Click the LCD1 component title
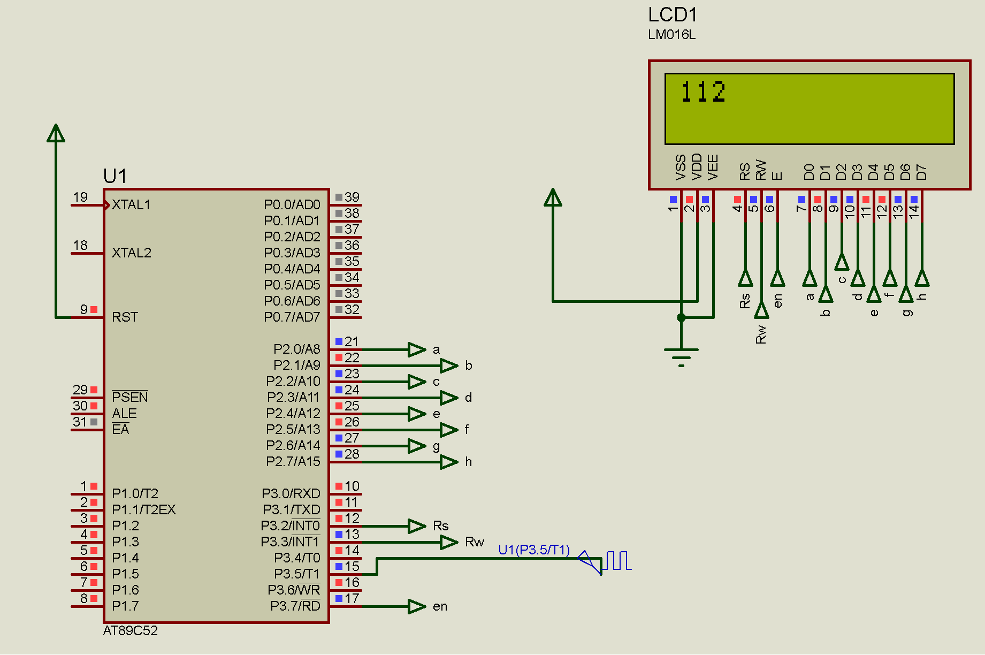click(672, 15)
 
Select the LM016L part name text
click(671, 35)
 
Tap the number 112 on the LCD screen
click(703, 92)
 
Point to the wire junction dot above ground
click(681, 317)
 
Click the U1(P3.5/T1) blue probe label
click(533, 550)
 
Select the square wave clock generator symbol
click(619, 560)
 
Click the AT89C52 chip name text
click(130, 630)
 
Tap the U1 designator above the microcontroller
click(115, 176)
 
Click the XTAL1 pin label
click(131, 205)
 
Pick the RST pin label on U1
click(125, 317)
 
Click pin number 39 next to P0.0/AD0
click(352, 197)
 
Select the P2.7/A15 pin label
click(293, 462)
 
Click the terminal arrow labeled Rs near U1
click(417, 526)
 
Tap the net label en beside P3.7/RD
click(440, 606)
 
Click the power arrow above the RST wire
click(56, 133)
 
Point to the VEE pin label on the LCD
click(713, 167)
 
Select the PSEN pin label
click(129, 397)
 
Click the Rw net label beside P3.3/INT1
click(474, 542)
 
